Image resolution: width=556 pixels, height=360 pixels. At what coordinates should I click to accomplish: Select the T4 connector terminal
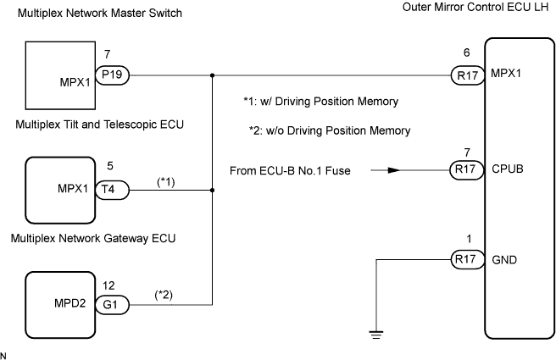coord(113,190)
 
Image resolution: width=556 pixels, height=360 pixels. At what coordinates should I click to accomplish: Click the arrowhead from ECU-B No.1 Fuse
coord(392,169)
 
